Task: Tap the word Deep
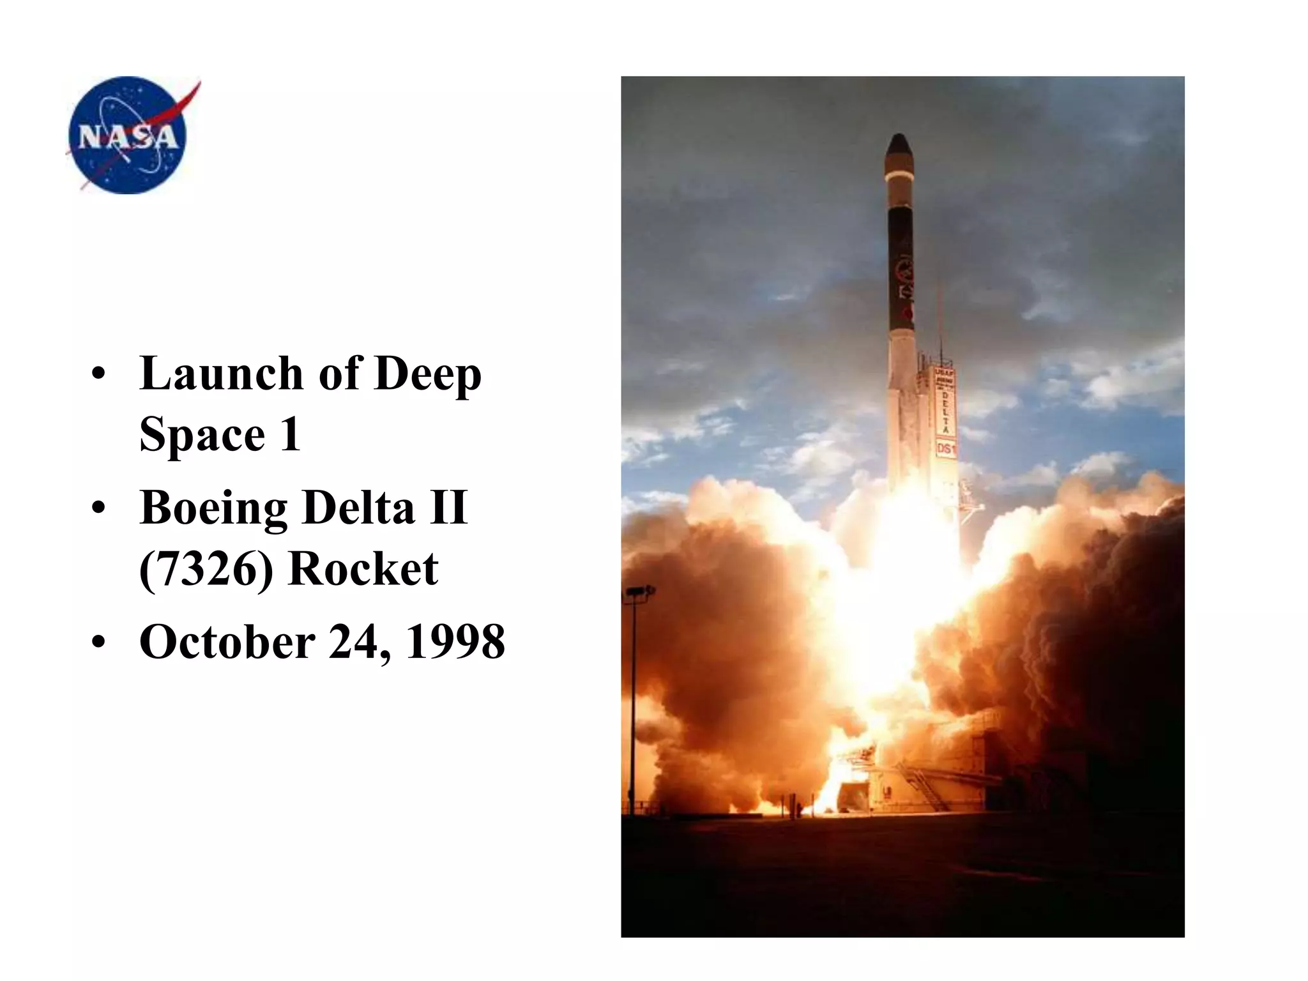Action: [x=427, y=375]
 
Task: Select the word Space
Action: [x=202, y=435]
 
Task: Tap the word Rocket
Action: [x=363, y=568]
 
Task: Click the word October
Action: [x=227, y=641]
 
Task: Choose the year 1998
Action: [x=455, y=641]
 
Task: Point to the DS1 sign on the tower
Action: [x=946, y=449]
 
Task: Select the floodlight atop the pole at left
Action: [x=639, y=592]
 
